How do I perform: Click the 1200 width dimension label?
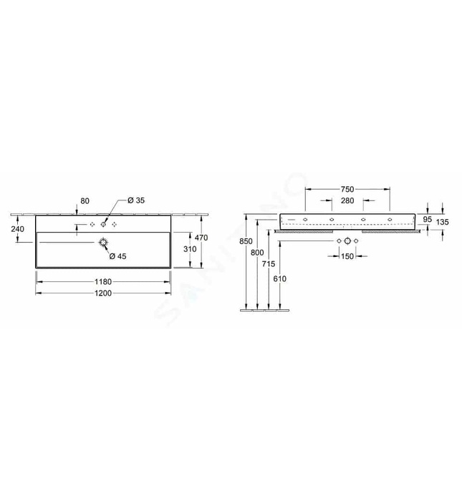click(x=103, y=293)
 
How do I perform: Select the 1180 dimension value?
click(x=103, y=282)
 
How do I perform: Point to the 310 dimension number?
click(x=189, y=248)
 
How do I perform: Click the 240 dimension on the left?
click(x=18, y=229)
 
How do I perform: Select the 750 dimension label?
click(x=347, y=189)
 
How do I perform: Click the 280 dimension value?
click(x=347, y=200)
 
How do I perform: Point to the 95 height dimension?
click(x=427, y=220)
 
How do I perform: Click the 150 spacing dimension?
click(x=347, y=256)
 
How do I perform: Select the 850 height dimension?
click(x=246, y=241)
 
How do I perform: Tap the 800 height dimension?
click(x=258, y=253)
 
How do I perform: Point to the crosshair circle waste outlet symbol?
click(x=347, y=242)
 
